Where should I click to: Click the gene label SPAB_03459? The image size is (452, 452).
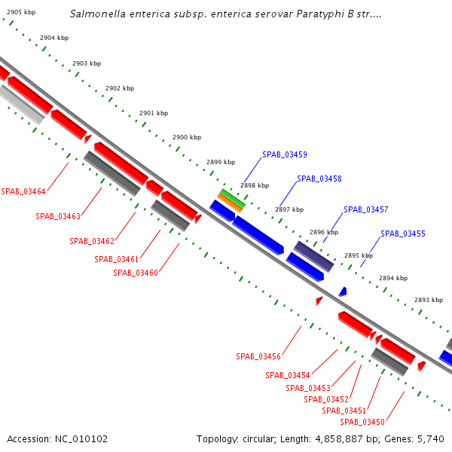[284, 154]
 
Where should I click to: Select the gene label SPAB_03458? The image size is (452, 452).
[319, 179]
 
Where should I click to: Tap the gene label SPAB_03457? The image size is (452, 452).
[365, 209]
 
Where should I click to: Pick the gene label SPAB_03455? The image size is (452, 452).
[402, 234]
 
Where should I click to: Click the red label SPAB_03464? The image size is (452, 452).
[23, 191]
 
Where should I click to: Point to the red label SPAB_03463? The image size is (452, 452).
[58, 216]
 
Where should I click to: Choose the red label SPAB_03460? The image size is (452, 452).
[136, 272]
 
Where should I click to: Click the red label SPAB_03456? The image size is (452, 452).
[258, 356]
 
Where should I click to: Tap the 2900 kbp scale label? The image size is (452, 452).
[187, 138]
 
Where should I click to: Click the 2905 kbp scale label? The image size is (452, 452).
[20, 13]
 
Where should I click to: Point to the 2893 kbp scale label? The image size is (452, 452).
[428, 300]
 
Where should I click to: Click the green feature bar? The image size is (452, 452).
[232, 197]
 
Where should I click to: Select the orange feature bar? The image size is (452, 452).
[230, 202]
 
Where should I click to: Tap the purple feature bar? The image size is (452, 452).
[313, 257]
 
